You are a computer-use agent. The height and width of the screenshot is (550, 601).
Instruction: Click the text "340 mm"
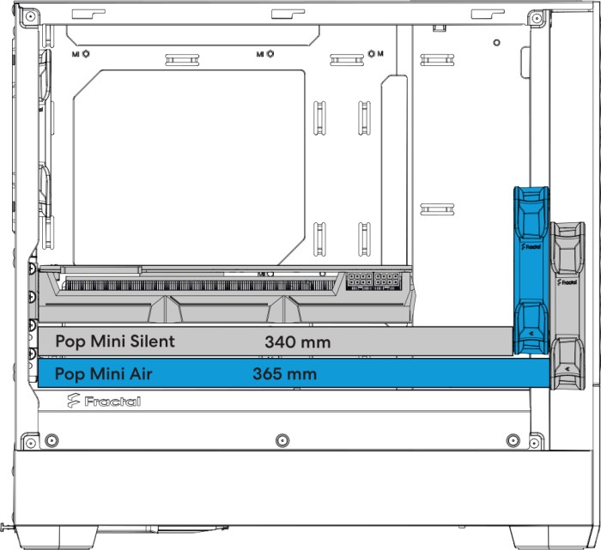(x=297, y=342)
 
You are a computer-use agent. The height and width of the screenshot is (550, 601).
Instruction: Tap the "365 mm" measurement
(x=285, y=374)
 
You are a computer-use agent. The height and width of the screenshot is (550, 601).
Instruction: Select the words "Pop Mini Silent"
(x=115, y=341)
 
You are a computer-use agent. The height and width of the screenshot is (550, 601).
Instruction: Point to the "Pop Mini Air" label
(x=104, y=374)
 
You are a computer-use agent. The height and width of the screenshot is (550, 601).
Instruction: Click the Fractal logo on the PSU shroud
(x=104, y=401)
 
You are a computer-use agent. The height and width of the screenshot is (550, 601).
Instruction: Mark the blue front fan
(x=531, y=270)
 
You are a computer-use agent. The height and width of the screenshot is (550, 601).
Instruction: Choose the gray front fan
(x=568, y=305)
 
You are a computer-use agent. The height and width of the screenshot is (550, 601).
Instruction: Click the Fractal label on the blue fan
(x=531, y=246)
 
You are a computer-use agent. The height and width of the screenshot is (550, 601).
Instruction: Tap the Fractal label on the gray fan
(x=568, y=282)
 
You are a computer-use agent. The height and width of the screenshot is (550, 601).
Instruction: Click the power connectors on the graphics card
(x=373, y=281)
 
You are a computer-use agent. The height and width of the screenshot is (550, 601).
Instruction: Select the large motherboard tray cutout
(x=190, y=167)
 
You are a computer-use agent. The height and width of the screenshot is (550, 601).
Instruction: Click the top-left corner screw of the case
(x=30, y=16)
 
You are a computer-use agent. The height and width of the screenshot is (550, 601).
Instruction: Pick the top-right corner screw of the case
(x=537, y=18)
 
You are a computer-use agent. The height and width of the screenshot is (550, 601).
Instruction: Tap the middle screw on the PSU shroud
(x=282, y=440)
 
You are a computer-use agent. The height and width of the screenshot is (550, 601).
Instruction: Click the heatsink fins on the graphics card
(x=199, y=286)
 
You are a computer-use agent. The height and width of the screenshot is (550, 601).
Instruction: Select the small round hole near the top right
(x=497, y=43)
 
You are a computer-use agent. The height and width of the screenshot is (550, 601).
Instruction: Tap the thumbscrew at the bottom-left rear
(x=8, y=527)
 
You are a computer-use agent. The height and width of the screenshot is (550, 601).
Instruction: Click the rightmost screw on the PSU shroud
(x=513, y=440)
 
